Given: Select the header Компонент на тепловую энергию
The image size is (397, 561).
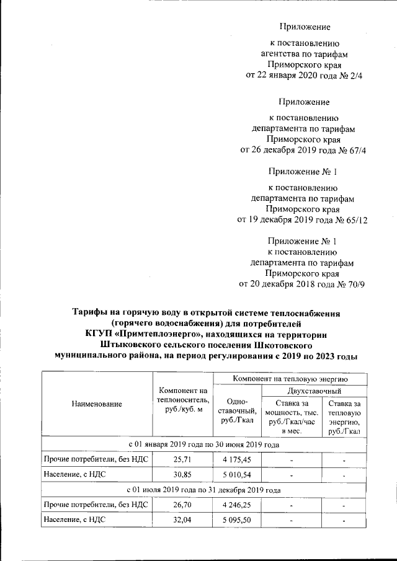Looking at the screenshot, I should point(289,378).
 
